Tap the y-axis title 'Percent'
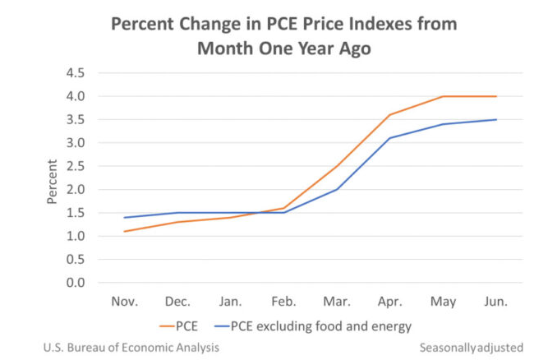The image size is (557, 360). coord(53,181)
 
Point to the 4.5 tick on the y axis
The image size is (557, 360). coord(76,73)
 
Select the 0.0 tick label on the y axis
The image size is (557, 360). coord(76,283)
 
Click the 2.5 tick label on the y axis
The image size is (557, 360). coord(76,166)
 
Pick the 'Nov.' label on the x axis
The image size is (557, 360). coord(125,302)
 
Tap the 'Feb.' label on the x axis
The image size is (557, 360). coord(284,302)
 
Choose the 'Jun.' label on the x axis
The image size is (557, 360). coord(496,302)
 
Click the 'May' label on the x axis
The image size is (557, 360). coord(444,302)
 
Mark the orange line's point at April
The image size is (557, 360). coord(390,115)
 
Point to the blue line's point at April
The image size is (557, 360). coord(390,138)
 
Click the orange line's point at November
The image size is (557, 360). coord(125,231)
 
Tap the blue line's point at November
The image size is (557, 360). coord(125,217)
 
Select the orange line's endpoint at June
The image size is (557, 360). coord(496,96)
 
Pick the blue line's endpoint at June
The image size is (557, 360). coord(496,119)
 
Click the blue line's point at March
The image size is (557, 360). coord(337,189)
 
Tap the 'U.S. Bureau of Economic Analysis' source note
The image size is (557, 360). coord(131,348)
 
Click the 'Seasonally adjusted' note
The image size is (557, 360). coord(471,348)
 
